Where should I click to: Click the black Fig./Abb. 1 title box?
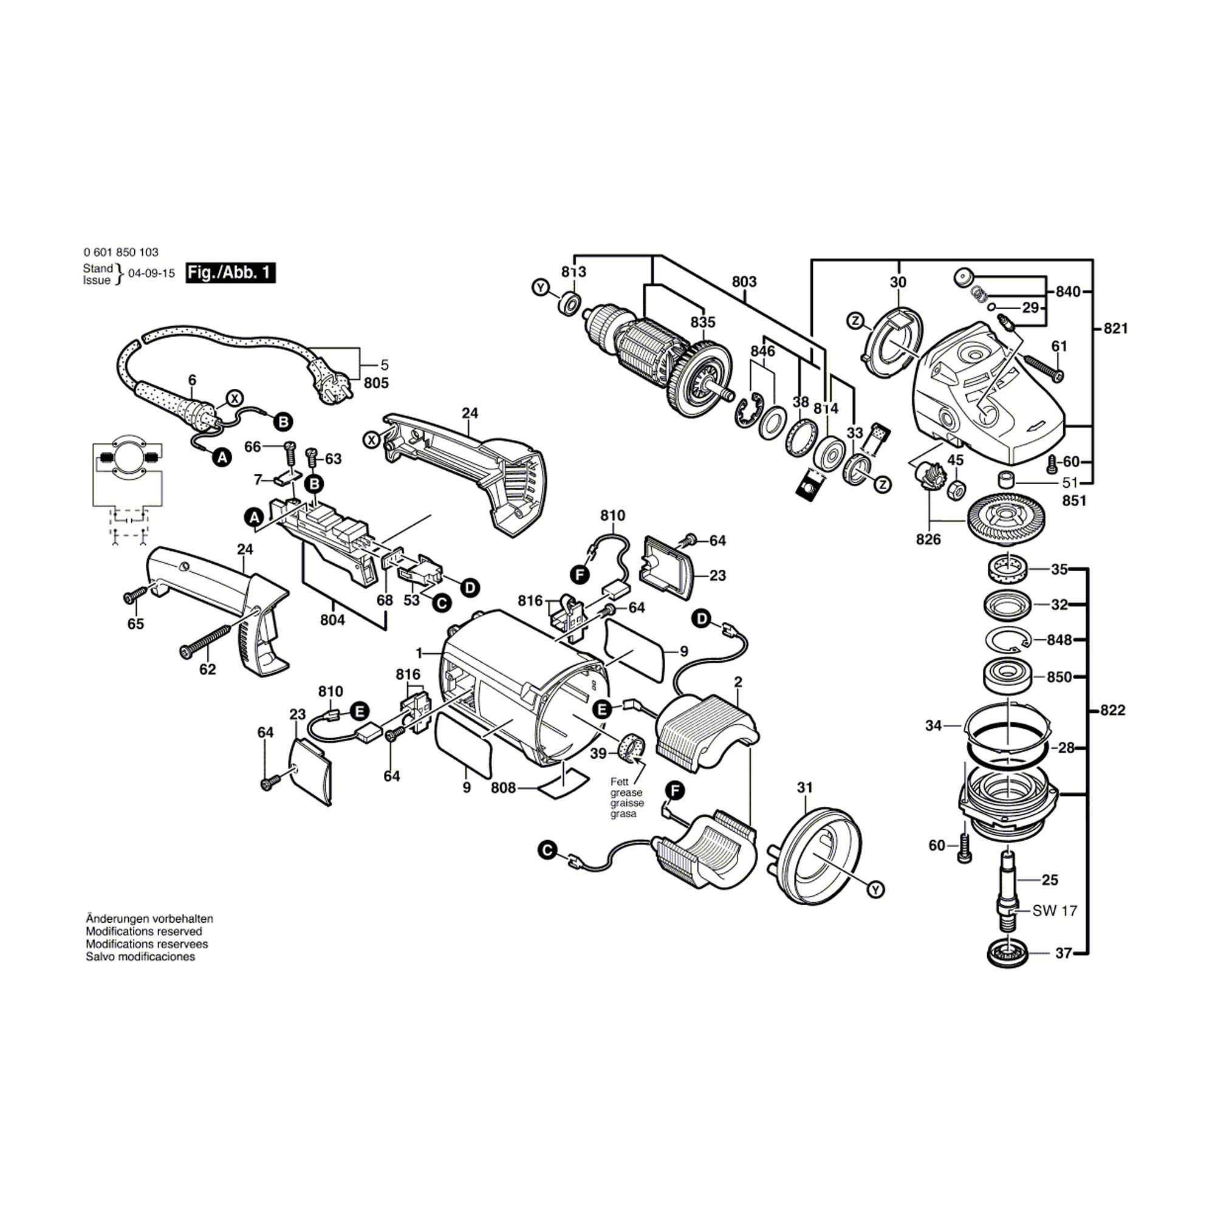pos(230,273)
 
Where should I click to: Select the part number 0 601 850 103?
pos(121,252)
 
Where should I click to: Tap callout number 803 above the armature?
pos(744,282)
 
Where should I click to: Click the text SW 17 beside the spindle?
pos(1055,910)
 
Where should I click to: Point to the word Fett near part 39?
pos(619,782)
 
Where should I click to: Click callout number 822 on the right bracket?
pos(1112,710)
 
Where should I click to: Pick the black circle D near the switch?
pos(470,587)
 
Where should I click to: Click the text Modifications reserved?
pos(144,931)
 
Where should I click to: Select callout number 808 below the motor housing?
pos(503,788)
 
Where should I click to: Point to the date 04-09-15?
pos(151,273)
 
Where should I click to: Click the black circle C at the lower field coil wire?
pos(548,851)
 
